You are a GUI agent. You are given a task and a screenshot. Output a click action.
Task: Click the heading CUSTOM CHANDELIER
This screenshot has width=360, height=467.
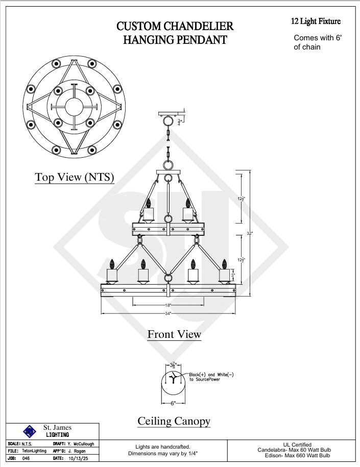(175, 26)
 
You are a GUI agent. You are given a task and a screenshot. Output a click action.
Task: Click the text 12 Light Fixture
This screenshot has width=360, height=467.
(316, 21)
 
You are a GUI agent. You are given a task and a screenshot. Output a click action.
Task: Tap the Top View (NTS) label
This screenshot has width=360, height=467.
(75, 177)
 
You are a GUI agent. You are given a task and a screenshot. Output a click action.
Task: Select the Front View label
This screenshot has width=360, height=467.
(174, 334)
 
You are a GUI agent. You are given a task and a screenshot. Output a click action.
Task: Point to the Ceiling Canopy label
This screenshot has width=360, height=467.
(174, 421)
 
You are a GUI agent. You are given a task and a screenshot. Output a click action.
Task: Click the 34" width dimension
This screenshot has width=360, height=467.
(168, 313)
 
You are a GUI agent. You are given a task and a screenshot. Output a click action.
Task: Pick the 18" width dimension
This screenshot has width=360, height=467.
(168, 305)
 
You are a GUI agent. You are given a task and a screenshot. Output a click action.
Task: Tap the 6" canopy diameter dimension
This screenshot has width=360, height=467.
(174, 403)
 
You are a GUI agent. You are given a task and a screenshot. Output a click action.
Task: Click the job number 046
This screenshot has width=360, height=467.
(27, 458)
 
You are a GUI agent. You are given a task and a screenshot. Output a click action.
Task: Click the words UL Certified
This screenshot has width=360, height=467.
(297, 445)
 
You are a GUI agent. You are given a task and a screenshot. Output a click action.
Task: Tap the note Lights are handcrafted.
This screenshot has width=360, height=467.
(162, 447)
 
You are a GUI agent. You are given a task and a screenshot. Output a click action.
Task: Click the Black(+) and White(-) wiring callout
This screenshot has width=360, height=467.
(211, 377)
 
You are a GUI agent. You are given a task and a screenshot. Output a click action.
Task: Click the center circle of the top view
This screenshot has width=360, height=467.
(74, 106)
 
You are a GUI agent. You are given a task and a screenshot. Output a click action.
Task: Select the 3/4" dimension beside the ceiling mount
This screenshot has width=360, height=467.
(179, 122)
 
